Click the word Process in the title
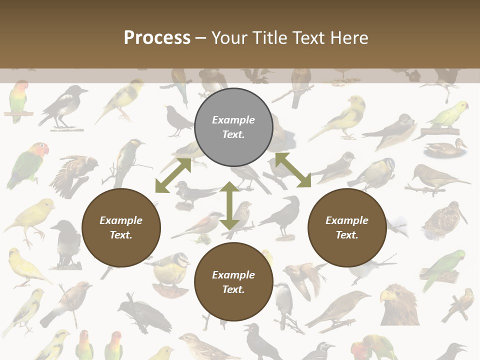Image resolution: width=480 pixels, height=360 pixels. [x=157, y=38]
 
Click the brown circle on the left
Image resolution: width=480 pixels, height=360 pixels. [x=121, y=227]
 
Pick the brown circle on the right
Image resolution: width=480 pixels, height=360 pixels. [x=347, y=227]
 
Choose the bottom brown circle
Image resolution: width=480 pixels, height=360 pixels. [x=233, y=282]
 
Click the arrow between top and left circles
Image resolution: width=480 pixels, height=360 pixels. [x=173, y=175]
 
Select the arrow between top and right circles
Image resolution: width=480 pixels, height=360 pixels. [x=293, y=170]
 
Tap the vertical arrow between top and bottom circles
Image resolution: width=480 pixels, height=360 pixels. [x=229, y=206]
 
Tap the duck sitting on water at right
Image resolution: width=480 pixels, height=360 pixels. [x=445, y=148]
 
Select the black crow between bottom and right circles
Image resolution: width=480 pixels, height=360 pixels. [x=283, y=215]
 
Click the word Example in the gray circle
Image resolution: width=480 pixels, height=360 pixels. [x=233, y=120]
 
